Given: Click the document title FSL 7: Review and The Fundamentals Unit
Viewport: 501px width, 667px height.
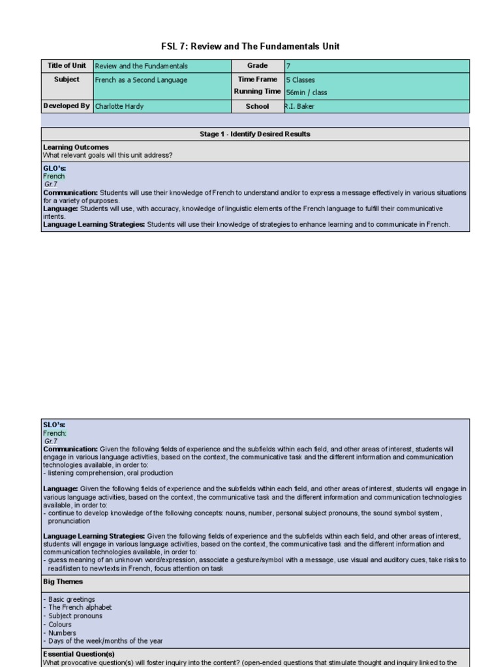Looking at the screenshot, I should [250, 46].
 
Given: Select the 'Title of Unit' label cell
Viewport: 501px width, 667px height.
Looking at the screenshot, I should [67, 66].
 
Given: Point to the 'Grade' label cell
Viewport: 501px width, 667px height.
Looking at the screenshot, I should [257, 66].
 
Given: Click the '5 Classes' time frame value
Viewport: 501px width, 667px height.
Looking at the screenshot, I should [301, 80].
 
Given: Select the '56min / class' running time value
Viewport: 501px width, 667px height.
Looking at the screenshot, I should [307, 92].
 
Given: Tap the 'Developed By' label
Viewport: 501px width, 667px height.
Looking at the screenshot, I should [67, 106].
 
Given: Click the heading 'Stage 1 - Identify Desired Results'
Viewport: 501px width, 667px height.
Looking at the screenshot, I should [254, 134].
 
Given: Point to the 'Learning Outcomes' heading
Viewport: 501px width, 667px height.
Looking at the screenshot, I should [76, 147].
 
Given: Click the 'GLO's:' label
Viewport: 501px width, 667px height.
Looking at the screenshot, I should [55, 168].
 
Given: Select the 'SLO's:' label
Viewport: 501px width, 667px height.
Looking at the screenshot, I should [54, 425].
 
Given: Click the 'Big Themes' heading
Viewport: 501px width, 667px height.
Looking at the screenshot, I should [63, 582].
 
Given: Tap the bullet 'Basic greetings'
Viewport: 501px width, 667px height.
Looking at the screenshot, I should [71, 599].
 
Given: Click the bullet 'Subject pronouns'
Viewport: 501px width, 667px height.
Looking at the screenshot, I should [75, 616].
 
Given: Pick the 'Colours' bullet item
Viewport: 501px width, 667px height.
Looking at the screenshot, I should [60, 625].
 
